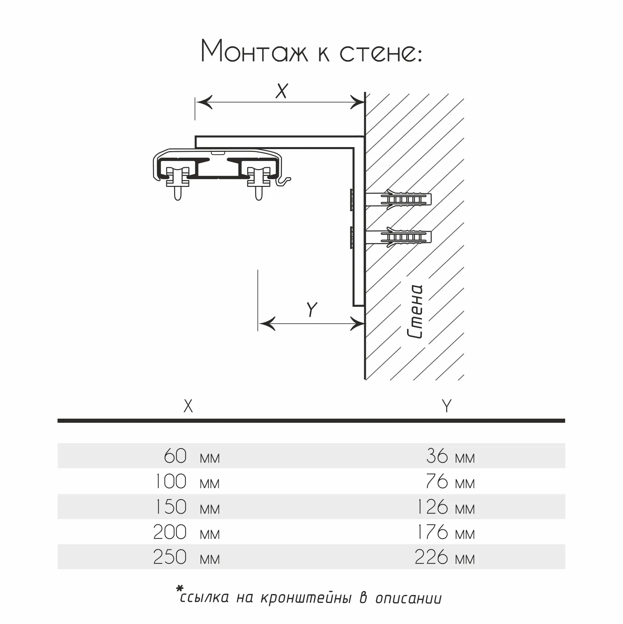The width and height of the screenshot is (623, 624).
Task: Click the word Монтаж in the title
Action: (254, 51)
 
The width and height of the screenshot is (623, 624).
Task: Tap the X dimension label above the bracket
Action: (282, 91)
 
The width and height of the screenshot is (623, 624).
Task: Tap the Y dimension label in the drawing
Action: (312, 309)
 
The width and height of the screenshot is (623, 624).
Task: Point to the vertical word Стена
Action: (415, 312)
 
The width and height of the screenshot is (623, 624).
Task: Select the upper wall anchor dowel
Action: (398, 199)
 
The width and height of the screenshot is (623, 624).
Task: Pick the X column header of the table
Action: (188, 406)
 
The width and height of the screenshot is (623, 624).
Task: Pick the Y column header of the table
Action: (447, 406)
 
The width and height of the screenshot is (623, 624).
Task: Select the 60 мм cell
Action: (192, 456)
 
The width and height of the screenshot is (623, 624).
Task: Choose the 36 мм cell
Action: (450, 456)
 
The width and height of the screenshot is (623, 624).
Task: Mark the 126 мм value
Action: (446, 507)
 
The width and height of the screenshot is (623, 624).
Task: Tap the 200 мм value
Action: (187, 532)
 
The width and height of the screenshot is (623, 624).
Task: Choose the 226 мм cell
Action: (445, 557)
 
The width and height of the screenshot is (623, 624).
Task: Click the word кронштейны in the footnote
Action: (305, 598)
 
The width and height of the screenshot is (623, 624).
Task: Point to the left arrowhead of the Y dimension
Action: (267, 323)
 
